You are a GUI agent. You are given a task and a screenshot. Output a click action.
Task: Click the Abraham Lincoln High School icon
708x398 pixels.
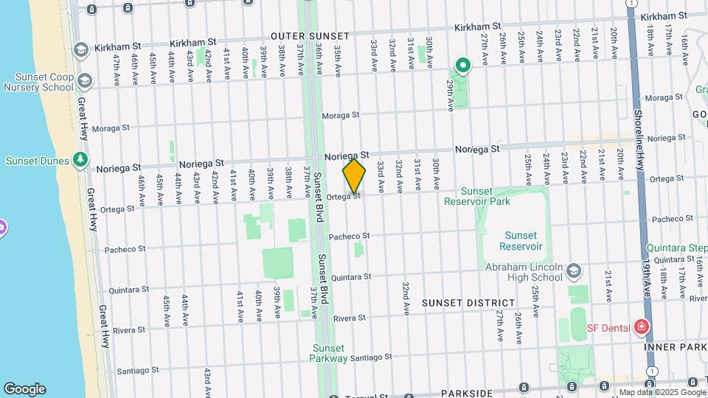point(574,272)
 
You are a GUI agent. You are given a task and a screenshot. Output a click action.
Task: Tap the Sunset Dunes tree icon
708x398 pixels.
point(80,160)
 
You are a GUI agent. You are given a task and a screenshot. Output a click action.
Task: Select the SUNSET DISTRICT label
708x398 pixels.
point(468,303)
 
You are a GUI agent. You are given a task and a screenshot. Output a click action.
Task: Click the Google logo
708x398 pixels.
point(24,389)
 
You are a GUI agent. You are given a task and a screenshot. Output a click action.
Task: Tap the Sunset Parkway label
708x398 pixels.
point(329,353)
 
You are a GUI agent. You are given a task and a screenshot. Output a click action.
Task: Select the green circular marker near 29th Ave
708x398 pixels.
point(462,67)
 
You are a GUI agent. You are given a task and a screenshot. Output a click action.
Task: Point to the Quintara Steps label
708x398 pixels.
point(676,248)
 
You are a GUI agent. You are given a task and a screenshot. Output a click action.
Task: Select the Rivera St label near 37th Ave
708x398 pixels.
point(349,318)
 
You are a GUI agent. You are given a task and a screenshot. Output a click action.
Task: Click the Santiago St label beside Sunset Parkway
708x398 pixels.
point(369,358)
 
